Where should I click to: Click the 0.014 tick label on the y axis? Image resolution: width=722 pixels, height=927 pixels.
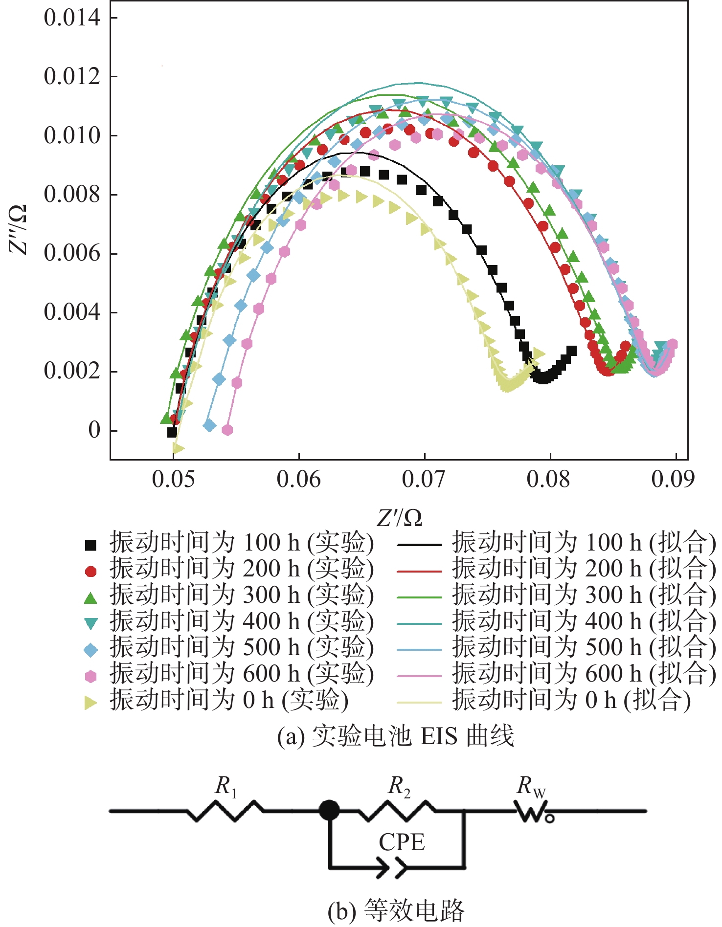[71, 18]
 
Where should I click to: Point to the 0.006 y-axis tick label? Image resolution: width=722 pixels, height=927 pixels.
[71, 253]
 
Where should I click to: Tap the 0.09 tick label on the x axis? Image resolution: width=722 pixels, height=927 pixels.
[673, 479]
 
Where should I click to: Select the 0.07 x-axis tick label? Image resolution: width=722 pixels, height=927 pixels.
[424, 479]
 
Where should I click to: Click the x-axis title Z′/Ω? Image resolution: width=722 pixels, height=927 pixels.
[399, 517]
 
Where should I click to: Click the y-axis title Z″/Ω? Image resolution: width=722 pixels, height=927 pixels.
[19, 230]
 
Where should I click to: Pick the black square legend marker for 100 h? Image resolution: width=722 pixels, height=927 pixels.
[90, 545]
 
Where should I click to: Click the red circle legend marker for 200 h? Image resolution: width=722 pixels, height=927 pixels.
[90, 571]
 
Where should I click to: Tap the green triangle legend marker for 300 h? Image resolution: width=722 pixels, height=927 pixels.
[90, 597]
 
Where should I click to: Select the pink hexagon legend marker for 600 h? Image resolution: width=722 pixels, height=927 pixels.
[90, 677]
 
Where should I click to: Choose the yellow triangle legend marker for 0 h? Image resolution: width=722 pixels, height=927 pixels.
[90, 703]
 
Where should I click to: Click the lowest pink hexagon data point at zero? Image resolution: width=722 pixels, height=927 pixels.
[227, 430]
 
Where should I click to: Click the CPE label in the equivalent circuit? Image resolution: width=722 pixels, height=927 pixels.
[402, 842]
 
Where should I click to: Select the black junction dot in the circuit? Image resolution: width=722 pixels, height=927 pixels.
[329, 810]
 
